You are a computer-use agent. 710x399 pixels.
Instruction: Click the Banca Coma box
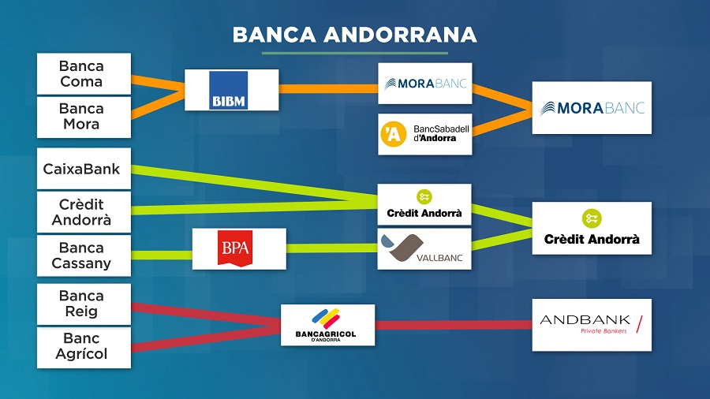pyautogui.click(x=84, y=73)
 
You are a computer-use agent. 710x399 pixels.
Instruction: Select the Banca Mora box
pyautogui.click(x=84, y=117)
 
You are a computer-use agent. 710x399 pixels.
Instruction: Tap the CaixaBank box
pyautogui.click(x=84, y=169)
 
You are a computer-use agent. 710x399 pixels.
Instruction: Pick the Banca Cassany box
pyautogui.click(x=84, y=255)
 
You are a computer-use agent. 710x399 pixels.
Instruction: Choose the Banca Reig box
pyautogui.click(x=84, y=304)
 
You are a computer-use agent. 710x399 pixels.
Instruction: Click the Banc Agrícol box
pyautogui.click(x=84, y=347)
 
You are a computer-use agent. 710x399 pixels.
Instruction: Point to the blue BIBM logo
pyautogui.click(x=230, y=90)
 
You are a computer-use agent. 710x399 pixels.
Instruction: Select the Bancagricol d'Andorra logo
pyautogui.click(x=328, y=325)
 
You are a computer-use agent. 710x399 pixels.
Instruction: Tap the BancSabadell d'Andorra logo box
pyautogui.click(x=425, y=134)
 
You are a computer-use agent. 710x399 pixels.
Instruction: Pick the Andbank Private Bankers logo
pyautogui.click(x=592, y=324)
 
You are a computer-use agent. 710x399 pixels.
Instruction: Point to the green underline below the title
pyautogui.click(x=354, y=54)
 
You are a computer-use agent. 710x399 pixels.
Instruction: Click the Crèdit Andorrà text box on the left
pyautogui.click(x=84, y=212)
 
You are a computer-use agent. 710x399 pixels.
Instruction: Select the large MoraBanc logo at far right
pyautogui.click(x=592, y=108)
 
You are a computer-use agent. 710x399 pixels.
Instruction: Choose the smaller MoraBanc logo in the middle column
pyautogui.click(x=425, y=84)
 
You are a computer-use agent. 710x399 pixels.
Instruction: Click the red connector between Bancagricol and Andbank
pyautogui.click(x=454, y=324)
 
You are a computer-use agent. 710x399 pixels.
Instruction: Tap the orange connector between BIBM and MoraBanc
pyautogui.click(x=328, y=88)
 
